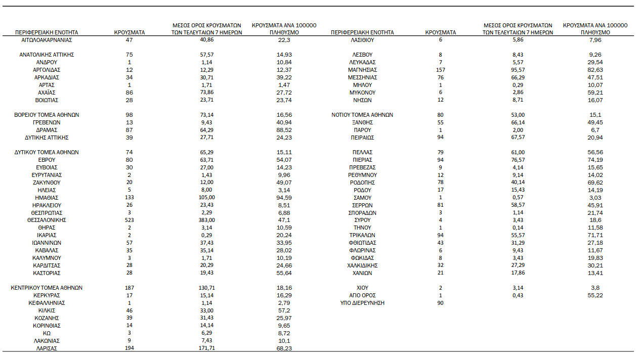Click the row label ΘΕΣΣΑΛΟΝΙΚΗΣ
tap(47, 220)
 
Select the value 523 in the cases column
tap(130, 220)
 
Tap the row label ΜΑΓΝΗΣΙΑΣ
tap(362, 70)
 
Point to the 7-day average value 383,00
tap(206, 220)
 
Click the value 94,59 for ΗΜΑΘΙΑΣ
tap(284, 198)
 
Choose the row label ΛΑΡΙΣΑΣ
tap(47, 348)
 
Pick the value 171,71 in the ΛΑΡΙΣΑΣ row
tap(206, 348)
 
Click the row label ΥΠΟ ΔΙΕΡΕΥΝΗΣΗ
tap(362, 303)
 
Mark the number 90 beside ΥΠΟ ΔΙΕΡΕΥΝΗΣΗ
tap(440, 303)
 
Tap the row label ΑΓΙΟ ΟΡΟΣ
tap(362, 295)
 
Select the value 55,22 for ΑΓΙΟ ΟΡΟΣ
tap(595, 295)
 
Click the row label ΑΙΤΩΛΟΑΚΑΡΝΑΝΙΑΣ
tap(47, 39)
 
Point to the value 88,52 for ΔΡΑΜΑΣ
tap(284, 130)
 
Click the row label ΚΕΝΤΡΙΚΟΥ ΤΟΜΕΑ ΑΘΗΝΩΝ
tap(47, 288)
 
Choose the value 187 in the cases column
tap(130, 288)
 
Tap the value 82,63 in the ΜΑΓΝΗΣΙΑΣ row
tap(595, 70)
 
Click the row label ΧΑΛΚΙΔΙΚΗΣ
tap(362, 265)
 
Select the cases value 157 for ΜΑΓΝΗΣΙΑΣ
tap(440, 70)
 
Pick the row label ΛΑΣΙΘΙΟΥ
tap(362, 39)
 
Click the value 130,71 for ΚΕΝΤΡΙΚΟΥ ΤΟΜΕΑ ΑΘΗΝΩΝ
tap(206, 288)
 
